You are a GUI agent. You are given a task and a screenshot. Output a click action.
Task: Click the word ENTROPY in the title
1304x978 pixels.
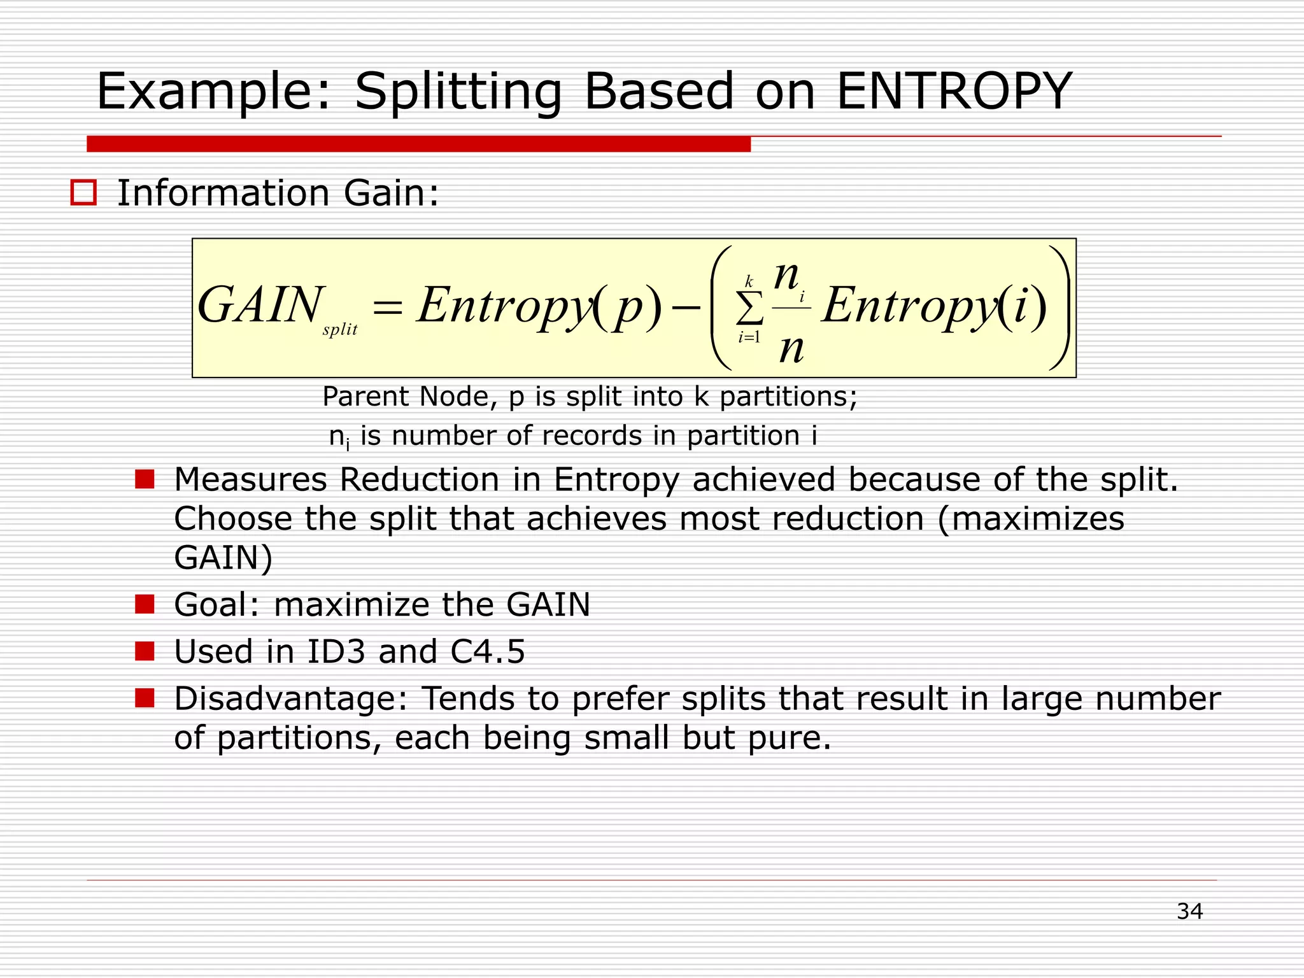(954, 91)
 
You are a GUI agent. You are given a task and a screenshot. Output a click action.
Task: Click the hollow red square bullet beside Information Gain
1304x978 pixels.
(83, 192)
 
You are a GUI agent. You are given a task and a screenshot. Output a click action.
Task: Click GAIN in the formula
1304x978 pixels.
(260, 305)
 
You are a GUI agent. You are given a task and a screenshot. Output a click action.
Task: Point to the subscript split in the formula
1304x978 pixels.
(340, 330)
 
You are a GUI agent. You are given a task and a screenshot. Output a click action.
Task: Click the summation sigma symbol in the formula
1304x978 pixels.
(749, 309)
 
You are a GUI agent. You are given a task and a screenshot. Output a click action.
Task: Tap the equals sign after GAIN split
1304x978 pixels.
(387, 308)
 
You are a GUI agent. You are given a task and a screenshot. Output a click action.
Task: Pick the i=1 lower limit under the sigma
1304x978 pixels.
(749, 337)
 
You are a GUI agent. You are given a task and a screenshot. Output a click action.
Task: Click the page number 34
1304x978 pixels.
(1189, 911)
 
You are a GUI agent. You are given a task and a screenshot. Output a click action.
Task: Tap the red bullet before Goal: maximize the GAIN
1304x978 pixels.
(145, 604)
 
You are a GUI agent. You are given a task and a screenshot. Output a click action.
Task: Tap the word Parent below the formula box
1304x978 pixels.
(365, 397)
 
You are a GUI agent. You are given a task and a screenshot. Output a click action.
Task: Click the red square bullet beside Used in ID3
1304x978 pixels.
(145, 651)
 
